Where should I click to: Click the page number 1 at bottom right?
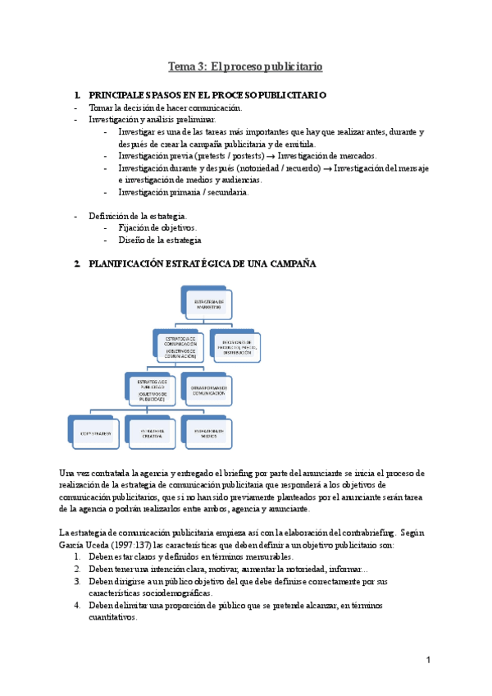coord(428,661)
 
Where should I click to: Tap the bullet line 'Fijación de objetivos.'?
coord(157,227)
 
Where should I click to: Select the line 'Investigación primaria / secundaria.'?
coord(183,192)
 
